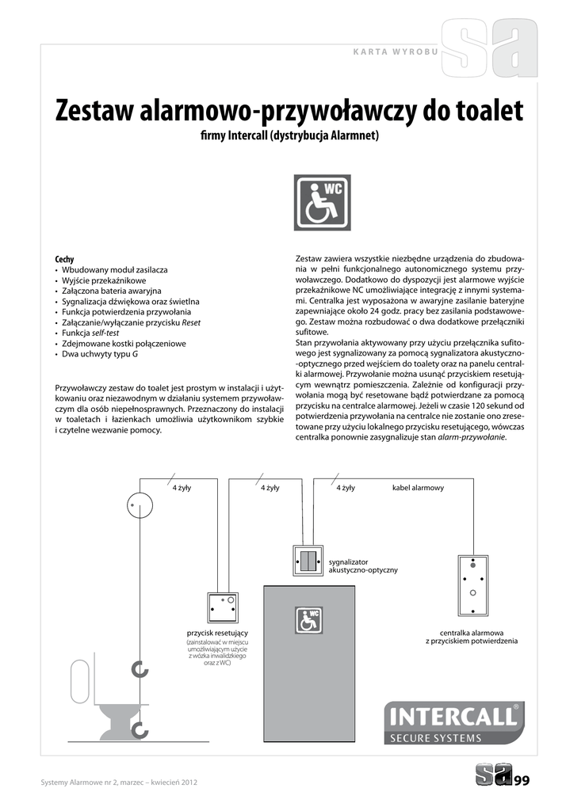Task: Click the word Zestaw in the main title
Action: pyautogui.click(x=94, y=111)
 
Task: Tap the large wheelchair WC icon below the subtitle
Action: pyautogui.click(x=323, y=203)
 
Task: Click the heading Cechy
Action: pyautogui.click(x=64, y=259)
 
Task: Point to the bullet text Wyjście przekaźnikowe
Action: pyautogui.click(x=104, y=280)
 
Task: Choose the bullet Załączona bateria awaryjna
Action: pyautogui.click(x=111, y=291)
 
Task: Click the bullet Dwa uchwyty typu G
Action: pyautogui.click(x=100, y=355)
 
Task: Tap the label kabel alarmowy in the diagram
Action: pyautogui.click(x=418, y=488)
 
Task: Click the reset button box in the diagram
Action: pyautogui.click(x=222, y=608)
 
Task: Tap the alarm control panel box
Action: pyautogui.click(x=472, y=584)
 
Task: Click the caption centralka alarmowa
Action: pyautogui.click(x=472, y=633)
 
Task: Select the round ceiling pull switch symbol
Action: pyautogui.click(x=140, y=504)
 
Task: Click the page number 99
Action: pyautogui.click(x=522, y=782)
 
